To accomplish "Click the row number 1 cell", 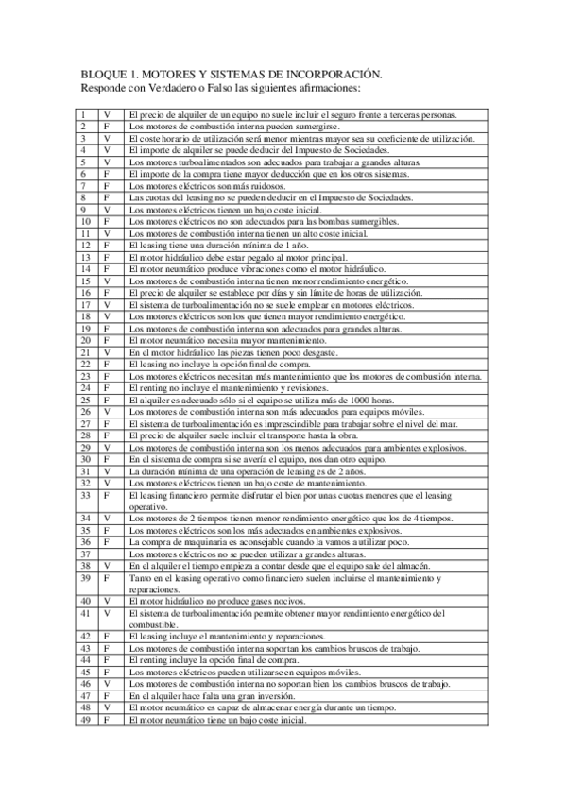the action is click(84, 114).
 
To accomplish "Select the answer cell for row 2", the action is click(107, 126).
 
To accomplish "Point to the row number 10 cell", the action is click(84, 222).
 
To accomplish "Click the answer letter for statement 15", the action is click(107, 281).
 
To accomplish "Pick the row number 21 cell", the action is click(84, 352).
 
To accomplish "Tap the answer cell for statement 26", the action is click(107, 412).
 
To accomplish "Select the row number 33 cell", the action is click(84, 494).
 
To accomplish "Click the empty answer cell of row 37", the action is click(107, 554).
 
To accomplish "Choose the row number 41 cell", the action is click(84, 613).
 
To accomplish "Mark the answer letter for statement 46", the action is click(107, 683).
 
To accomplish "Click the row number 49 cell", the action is click(84, 719).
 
